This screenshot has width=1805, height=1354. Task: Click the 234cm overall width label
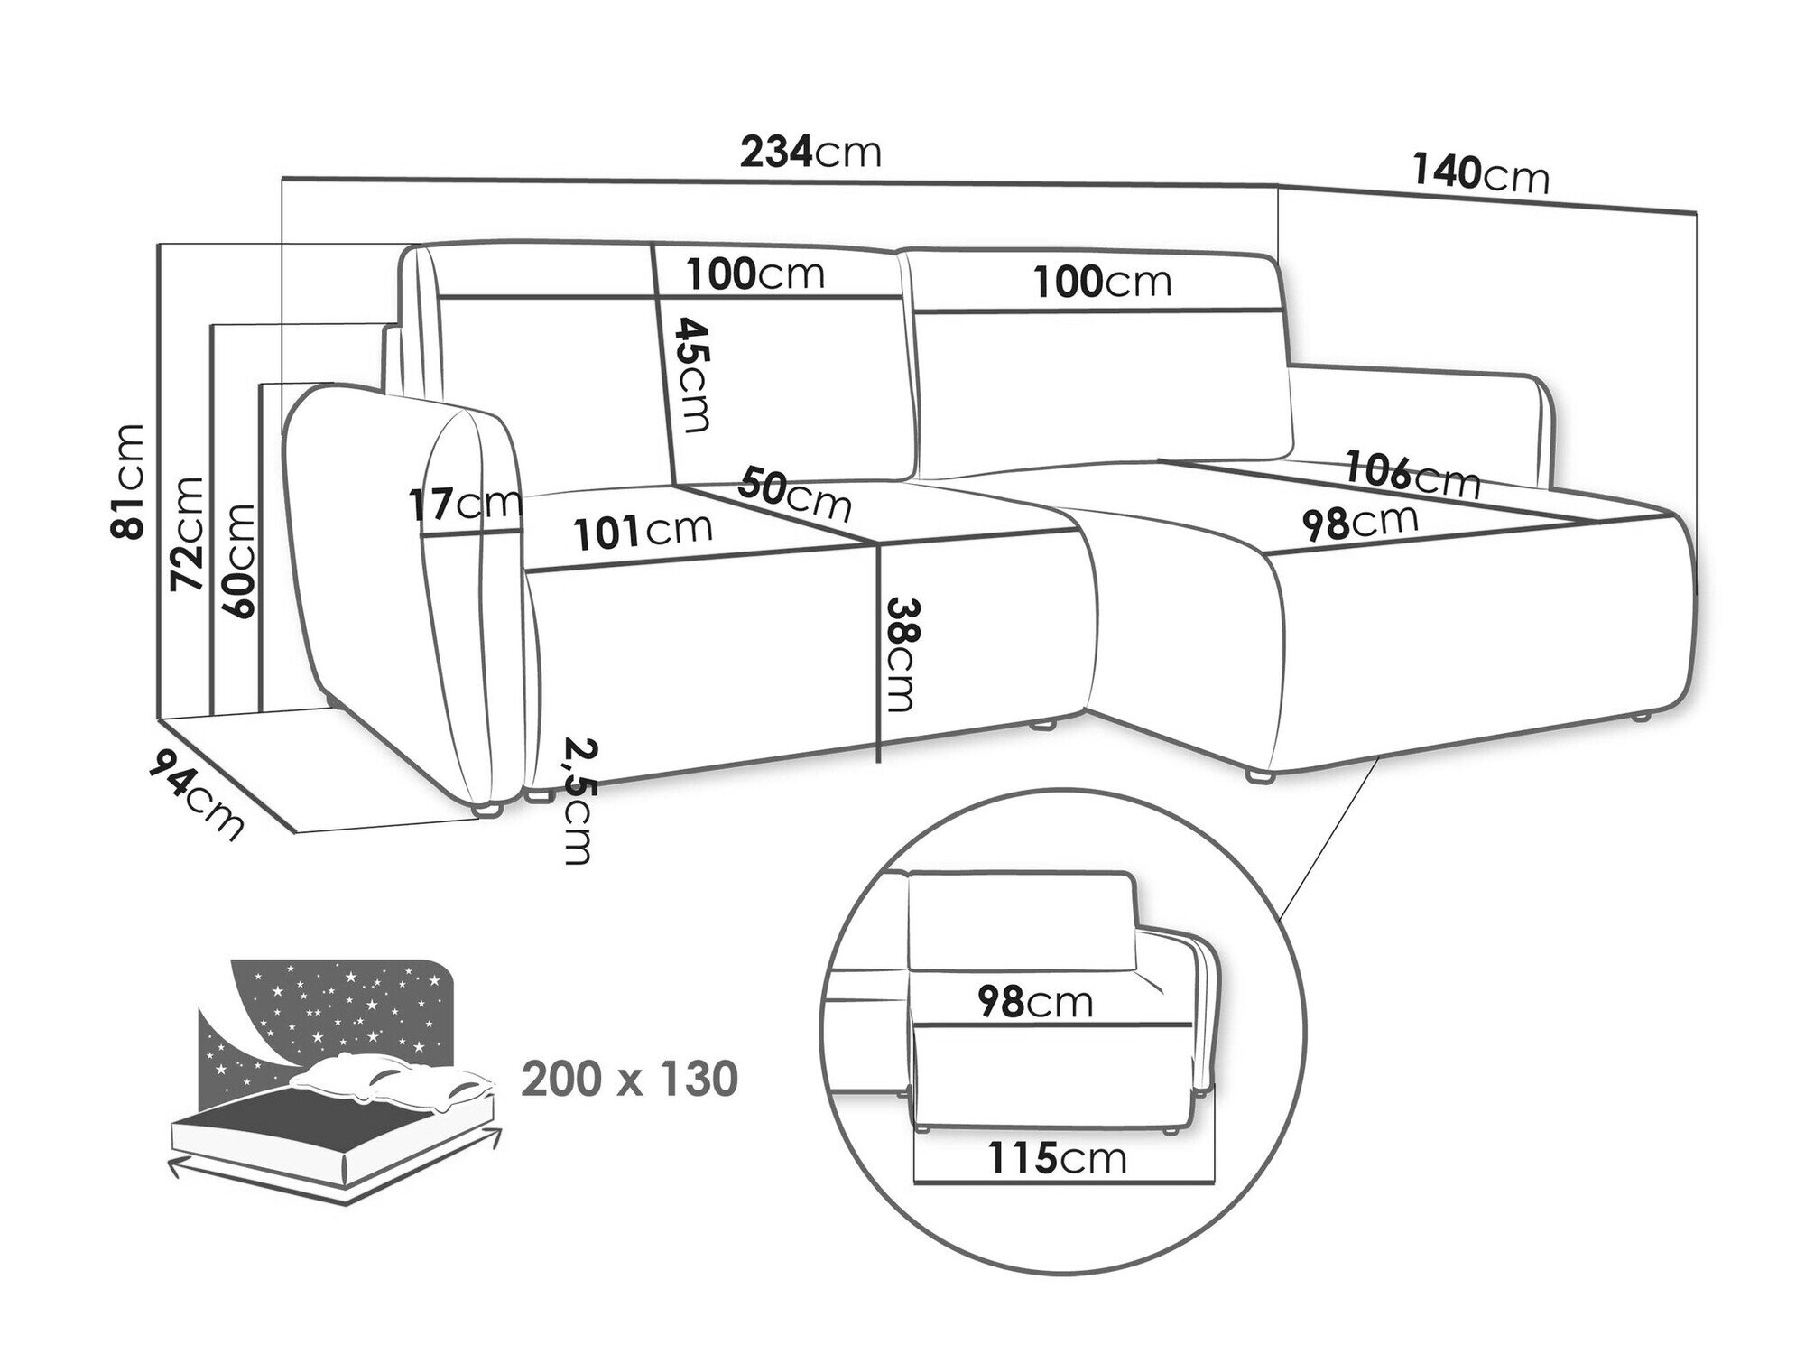click(810, 152)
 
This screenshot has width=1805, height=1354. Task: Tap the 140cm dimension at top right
click(1480, 175)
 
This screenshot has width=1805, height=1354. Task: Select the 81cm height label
click(127, 480)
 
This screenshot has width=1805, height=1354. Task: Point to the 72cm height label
click(188, 533)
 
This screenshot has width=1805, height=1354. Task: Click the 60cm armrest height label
click(236, 560)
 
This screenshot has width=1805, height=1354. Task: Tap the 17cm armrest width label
click(464, 505)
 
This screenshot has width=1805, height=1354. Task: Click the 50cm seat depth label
click(794, 494)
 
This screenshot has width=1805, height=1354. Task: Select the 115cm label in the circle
click(1057, 1158)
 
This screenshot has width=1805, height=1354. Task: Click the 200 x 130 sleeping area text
click(630, 1079)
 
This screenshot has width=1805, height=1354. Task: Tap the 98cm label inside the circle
click(1034, 1002)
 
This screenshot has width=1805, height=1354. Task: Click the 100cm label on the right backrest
click(1103, 283)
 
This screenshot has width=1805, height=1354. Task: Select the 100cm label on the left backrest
click(755, 274)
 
